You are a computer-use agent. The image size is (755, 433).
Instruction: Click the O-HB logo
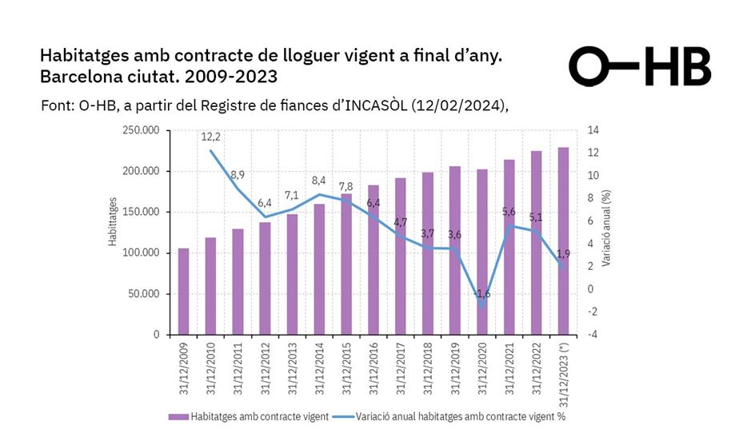640,66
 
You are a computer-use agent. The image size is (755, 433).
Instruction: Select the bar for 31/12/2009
183,292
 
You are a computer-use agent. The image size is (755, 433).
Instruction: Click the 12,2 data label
211,137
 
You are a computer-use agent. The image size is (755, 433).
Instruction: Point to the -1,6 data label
482,295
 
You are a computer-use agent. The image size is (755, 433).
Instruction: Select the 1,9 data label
562,253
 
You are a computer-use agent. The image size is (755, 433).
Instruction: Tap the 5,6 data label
509,212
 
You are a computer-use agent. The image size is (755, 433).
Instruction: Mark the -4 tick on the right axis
591,335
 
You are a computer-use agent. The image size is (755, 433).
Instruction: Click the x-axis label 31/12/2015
346,370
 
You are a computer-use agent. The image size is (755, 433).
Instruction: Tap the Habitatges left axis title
113,221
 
